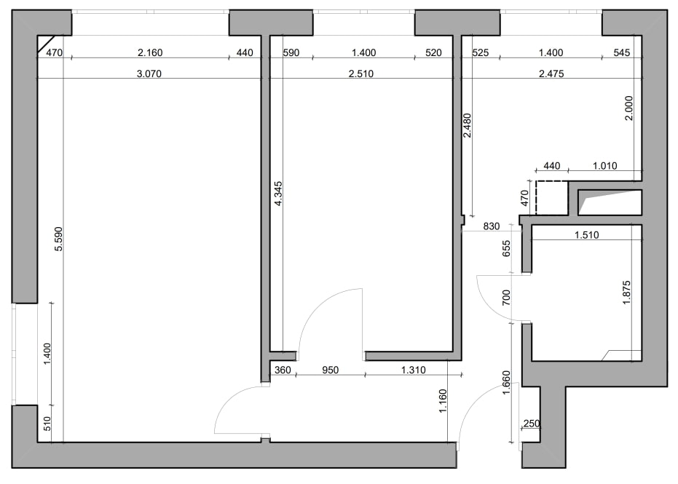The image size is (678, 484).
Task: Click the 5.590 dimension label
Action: click(59, 239)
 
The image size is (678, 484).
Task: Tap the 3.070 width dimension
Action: click(149, 74)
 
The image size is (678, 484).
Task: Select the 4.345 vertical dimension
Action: click(278, 194)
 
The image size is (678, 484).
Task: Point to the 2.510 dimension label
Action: click(361, 74)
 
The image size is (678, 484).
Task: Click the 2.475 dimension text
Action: click(551, 74)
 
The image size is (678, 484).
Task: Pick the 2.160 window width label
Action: click(150, 52)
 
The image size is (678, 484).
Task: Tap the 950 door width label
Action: click(331, 370)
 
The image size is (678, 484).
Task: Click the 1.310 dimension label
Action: click(414, 370)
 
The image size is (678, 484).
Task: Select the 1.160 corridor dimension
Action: click(443, 401)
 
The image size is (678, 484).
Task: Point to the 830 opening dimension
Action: click(492, 226)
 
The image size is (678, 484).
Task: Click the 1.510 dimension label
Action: click(587, 235)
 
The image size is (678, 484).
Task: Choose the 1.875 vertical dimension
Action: click(626, 293)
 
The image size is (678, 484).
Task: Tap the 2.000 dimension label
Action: click(629, 108)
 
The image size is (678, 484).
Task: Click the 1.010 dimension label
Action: click(605, 166)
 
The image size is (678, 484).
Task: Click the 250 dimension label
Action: click(532, 424)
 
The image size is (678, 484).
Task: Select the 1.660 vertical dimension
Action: click(506, 382)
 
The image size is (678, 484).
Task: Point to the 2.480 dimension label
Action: click(467, 125)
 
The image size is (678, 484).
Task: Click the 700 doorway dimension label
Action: click(506, 298)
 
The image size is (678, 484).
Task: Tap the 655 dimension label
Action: click(506, 248)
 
